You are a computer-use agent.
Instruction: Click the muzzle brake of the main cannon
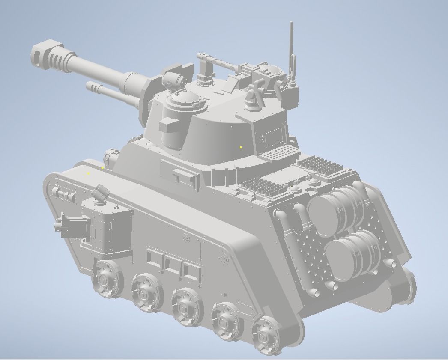(x=48, y=54)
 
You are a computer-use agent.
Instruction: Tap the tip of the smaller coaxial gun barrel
(x=90, y=87)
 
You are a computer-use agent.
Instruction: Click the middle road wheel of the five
(x=185, y=307)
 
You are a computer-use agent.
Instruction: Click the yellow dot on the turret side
(x=241, y=147)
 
